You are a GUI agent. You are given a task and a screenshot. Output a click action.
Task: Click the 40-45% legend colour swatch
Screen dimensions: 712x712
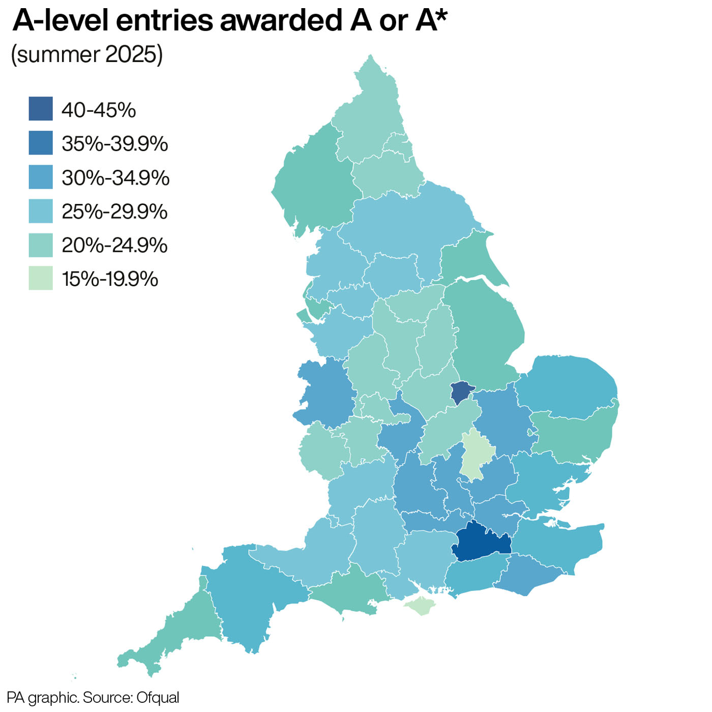click(x=41, y=109)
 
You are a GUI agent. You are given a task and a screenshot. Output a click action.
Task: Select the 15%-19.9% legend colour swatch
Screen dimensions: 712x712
click(x=41, y=278)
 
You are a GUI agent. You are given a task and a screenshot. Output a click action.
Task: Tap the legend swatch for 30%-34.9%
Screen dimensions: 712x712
click(x=41, y=177)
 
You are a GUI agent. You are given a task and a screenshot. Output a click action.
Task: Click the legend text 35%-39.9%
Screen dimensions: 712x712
click(x=114, y=144)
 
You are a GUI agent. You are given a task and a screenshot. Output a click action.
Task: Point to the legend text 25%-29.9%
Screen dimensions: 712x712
click(x=114, y=212)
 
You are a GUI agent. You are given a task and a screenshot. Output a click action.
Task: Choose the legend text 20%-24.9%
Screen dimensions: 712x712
click(x=114, y=245)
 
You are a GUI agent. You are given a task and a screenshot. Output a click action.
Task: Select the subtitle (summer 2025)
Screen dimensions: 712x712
click(x=87, y=54)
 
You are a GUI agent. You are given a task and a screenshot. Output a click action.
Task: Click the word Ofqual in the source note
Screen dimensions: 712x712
click(x=158, y=697)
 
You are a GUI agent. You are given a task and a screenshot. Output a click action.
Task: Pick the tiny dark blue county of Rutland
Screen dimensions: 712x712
click(x=461, y=392)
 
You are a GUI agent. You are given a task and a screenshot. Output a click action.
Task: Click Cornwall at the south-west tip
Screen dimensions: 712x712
click(x=173, y=636)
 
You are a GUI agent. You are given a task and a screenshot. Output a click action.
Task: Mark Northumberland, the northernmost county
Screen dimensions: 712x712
click(x=369, y=122)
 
